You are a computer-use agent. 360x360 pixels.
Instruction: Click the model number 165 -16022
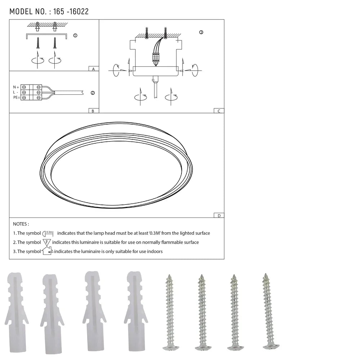[x=71, y=12]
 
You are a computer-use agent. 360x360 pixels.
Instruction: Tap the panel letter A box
[x=93, y=68]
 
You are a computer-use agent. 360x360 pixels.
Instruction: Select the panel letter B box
[x=93, y=111]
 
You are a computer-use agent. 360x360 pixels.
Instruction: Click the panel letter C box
[x=219, y=111]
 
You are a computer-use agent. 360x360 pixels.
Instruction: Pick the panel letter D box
[x=219, y=216]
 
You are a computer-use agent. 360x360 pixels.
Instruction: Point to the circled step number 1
[x=75, y=36]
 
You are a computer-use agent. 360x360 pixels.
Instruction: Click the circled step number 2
[x=93, y=93]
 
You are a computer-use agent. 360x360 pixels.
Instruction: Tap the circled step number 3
[x=201, y=32]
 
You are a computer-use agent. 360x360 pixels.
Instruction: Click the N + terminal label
[x=16, y=87]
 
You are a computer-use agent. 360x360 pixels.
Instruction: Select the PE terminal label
[x=16, y=98]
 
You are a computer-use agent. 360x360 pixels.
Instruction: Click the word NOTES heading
[x=21, y=224]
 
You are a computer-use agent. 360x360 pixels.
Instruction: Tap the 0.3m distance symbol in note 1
[x=48, y=233]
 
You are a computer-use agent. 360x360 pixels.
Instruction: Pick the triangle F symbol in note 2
[x=47, y=242]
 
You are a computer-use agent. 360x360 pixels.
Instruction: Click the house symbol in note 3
[x=48, y=251]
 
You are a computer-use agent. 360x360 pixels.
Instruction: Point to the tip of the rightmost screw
[x=266, y=275]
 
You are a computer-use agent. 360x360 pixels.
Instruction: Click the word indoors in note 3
[x=155, y=251]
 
